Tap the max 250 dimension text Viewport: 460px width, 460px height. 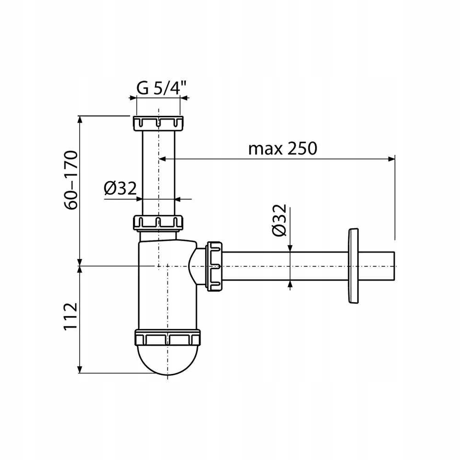pos(283,149)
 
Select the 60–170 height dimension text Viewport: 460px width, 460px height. pos(71,180)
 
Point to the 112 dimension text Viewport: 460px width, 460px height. pos(71,316)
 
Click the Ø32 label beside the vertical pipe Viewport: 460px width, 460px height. pos(120,188)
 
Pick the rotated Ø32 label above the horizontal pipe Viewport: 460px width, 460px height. pos(279,220)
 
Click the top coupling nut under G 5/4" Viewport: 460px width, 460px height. pos(158,123)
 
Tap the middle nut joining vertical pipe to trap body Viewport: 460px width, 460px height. pos(158,223)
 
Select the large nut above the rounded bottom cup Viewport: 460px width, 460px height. pos(167,337)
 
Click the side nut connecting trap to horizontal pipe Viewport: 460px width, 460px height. pos(215,266)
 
